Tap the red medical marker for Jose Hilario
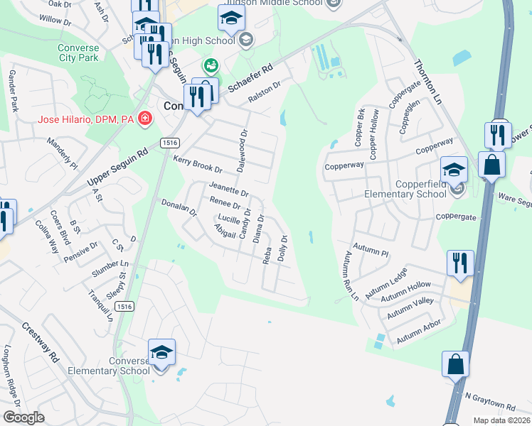146,118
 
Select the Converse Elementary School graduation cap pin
161,351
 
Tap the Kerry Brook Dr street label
198,165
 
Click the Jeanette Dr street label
228,190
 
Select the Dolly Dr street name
282,248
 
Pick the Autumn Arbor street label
419,332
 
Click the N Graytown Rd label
490,401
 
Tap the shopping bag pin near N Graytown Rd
455,364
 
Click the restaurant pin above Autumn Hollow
460,263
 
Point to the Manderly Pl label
61,153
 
